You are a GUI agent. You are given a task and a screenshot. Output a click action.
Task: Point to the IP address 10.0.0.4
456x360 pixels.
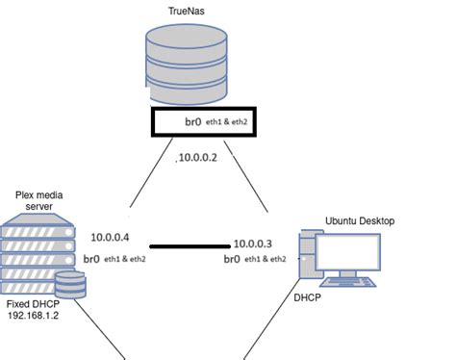(x=111, y=237)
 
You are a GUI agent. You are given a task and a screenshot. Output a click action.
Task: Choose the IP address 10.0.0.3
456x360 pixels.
(x=252, y=244)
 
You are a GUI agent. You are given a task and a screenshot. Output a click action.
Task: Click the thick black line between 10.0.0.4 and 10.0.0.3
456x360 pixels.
(x=190, y=245)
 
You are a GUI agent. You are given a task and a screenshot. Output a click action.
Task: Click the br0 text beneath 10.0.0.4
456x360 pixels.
(x=92, y=258)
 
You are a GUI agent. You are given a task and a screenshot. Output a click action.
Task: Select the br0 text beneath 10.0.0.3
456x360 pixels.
(x=232, y=259)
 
